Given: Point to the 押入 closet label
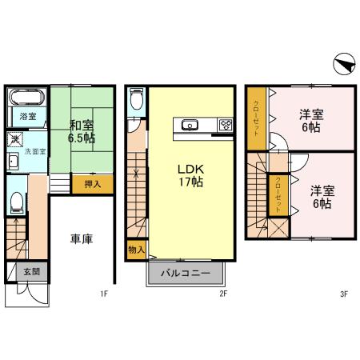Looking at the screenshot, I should point(93,184).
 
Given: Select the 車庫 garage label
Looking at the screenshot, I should point(81,239).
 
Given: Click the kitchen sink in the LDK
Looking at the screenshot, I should point(190,124).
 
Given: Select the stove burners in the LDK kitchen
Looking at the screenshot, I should point(225,124).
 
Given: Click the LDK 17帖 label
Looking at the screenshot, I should point(190,175).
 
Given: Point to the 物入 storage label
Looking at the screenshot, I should point(135,249).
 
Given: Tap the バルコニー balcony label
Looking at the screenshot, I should point(185,272).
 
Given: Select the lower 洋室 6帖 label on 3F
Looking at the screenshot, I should point(322,196).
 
